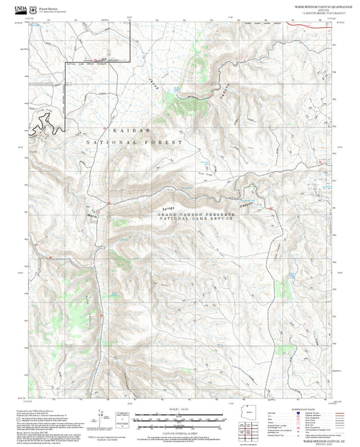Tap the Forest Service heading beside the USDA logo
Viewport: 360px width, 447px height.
(x=49, y=4)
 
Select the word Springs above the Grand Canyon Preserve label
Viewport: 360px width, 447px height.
(x=168, y=208)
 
